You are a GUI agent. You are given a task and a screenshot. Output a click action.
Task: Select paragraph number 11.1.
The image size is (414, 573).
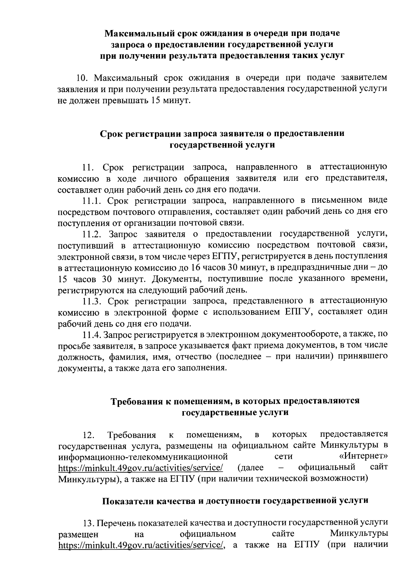pyautogui.click(x=92, y=200)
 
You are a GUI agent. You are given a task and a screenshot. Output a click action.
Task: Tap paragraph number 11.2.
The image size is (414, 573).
pyautogui.click(x=93, y=235)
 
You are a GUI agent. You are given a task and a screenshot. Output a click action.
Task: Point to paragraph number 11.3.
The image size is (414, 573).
pyautogui.click(x=93, y=302)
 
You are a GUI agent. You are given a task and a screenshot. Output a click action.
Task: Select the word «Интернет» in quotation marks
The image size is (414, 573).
pyautogui.click(x=363, y=456)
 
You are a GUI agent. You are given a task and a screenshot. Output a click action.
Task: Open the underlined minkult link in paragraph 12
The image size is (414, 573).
pyautogui.click(x=140, y=467)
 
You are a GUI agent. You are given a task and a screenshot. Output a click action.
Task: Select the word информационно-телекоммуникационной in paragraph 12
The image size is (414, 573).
pyautogui.click(x=143, y=456)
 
